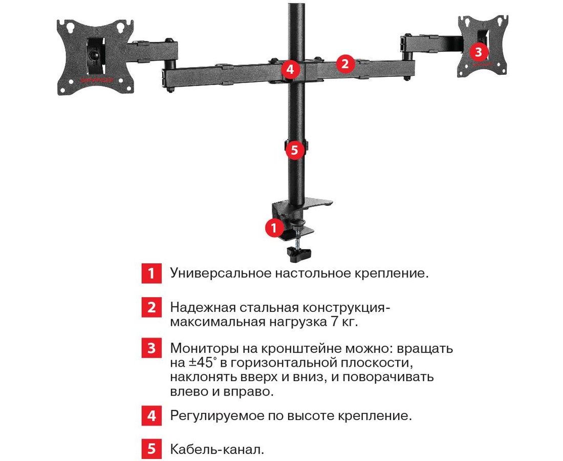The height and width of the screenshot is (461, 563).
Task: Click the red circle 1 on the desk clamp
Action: click(274, 226)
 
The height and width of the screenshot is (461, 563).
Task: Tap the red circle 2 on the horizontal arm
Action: click(345, 64)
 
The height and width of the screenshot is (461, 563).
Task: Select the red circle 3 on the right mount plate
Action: click(478, 52)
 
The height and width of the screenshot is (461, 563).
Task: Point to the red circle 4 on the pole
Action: click(290, 69)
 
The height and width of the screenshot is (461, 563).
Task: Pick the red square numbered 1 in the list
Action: click(151, 273)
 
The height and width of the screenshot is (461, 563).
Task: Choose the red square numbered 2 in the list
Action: click(151, 307)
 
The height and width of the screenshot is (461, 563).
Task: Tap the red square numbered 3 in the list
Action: click(151, 348)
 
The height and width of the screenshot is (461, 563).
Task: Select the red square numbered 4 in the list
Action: click(151, 415)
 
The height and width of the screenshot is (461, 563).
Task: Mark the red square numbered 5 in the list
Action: click(151, 449)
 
